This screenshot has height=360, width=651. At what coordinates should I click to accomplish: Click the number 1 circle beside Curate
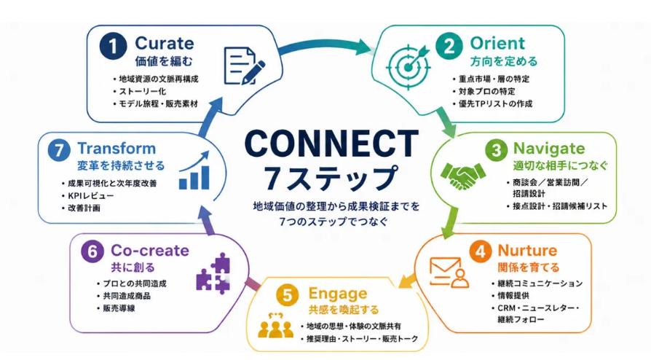pyautogui.click(x=113, y=46)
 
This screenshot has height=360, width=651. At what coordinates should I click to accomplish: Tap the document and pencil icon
pyautogui.click(x=244, y=66)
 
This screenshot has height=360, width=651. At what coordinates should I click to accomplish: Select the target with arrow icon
pyautogui.click(x=409, y=66)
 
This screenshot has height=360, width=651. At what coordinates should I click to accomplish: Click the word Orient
pyautogui.click(x=497, y=43)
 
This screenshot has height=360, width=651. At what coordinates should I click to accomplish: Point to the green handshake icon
pyautogui.click(x=463, y=176)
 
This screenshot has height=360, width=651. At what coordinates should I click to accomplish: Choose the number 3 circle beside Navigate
pyautogui.click(x=496, y=150)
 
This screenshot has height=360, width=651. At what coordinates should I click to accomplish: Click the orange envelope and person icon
pyautogui.click(x=449, y=273)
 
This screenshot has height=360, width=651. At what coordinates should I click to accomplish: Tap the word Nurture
pyautogui.click(x=527, y=250)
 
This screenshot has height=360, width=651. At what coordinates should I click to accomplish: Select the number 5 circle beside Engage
pyautogui.click(x=288, y=296)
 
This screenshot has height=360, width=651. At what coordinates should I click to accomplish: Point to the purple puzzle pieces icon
pyautogui.click(x=213, y=273)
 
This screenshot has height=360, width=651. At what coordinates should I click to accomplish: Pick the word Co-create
pyautogui.click(x=150, y=250)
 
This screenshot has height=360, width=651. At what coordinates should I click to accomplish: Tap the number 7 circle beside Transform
pyautogui.click(x=59, y=150)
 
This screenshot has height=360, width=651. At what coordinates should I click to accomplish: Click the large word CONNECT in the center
pyautogui.click(x=331, y=144)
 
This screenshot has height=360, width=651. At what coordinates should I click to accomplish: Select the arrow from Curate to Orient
pyautogui.click(x=326, y=45)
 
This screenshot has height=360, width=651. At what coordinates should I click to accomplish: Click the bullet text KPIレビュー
pyautogui.click(x=91, y=196)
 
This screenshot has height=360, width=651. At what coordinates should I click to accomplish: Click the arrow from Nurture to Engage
pyautogui.click(x=407, y=281)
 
